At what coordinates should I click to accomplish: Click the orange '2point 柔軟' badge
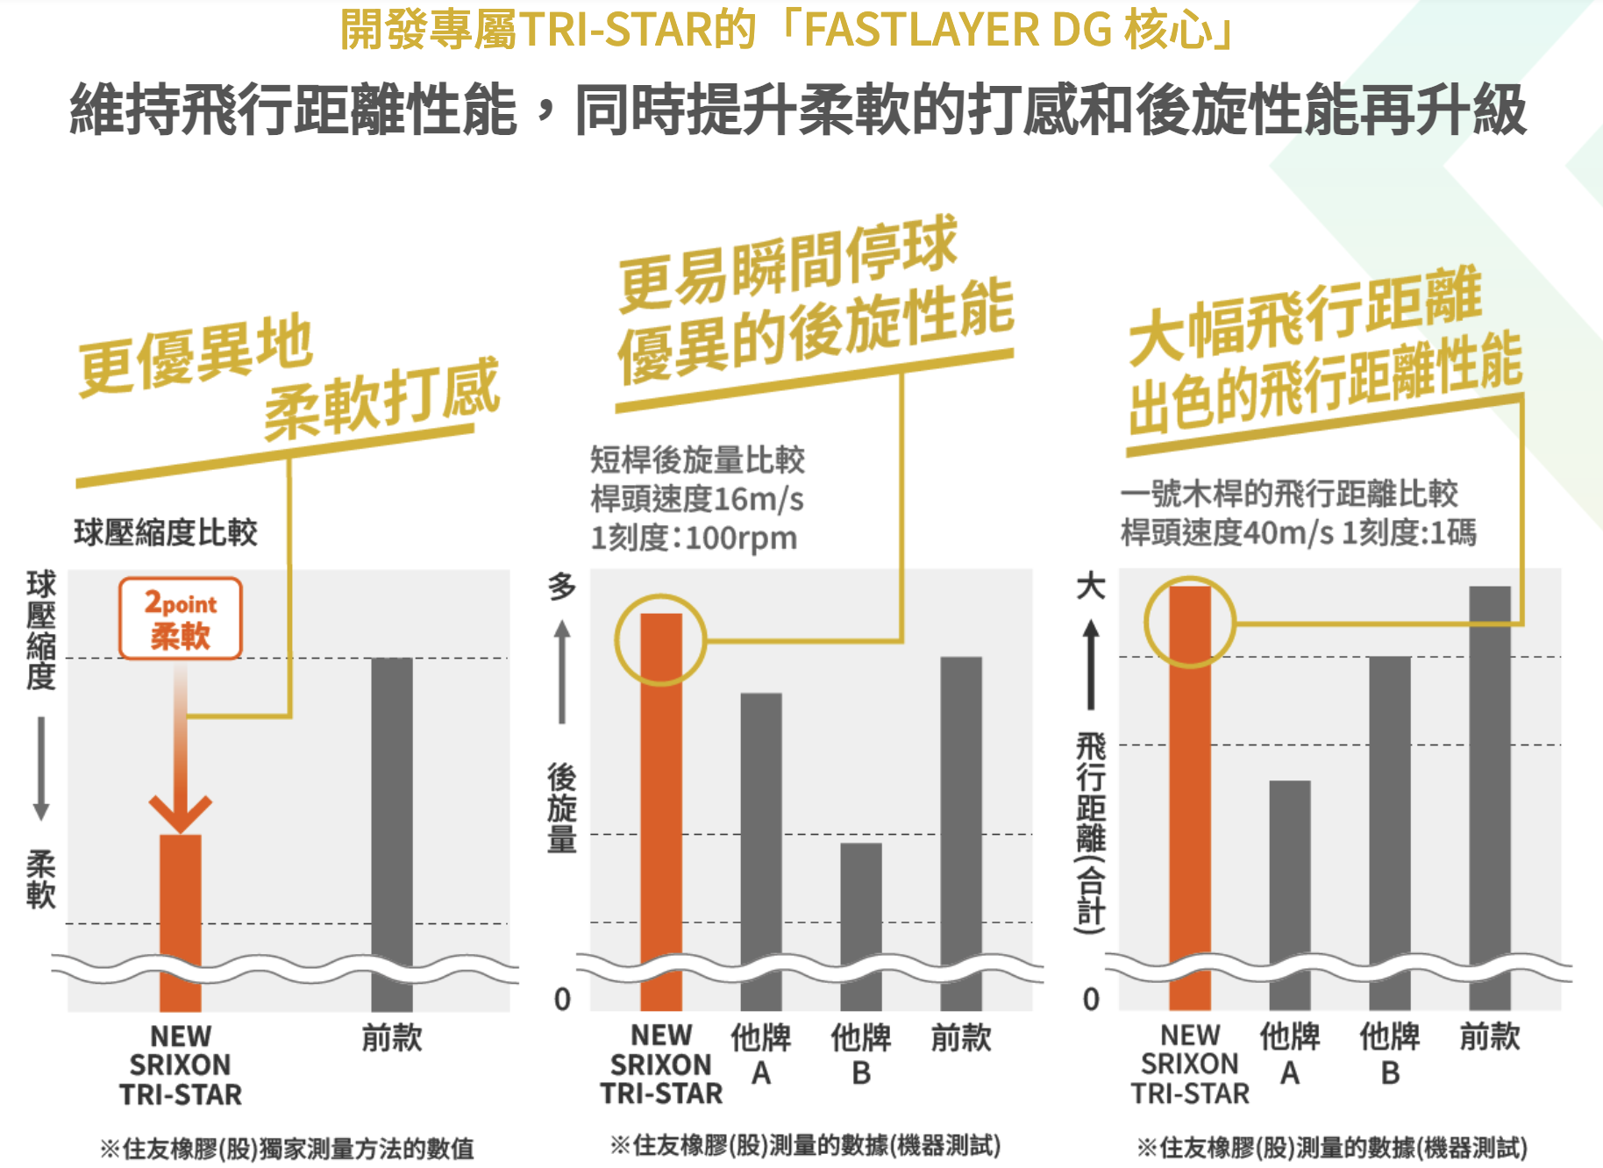click(181, 618)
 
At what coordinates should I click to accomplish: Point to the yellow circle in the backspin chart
click(660, 639)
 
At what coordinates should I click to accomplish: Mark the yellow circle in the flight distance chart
click(1190, 623)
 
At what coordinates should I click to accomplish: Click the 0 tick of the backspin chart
click(562, 1000)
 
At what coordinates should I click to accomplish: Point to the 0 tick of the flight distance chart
click(1091, 1000)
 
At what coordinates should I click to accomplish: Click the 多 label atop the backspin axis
click(562, 587)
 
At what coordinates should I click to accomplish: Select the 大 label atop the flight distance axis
click(1091, 586)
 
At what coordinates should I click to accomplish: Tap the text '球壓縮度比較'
click(166, 532)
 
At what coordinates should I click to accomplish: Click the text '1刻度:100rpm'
click(694, 538)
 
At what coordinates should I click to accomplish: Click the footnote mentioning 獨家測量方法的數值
click(287, 1148)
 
